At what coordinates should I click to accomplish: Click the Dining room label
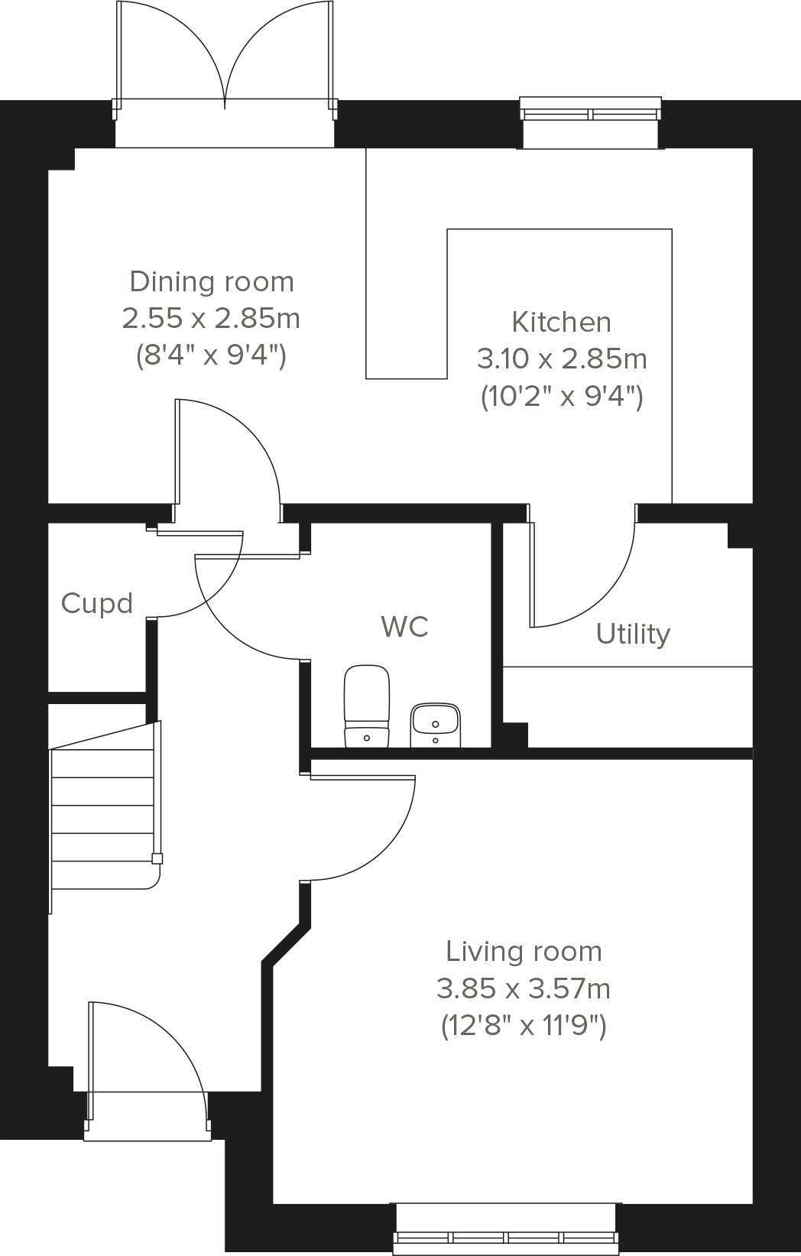coord(212,281)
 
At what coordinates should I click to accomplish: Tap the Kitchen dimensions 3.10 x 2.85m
coord(561,358)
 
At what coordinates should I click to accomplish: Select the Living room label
coord(524,952)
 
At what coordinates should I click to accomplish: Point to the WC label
coord(404,627)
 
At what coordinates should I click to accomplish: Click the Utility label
coord(633,634)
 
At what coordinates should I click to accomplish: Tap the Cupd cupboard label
coord(97,604)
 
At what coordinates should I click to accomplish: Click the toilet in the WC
coord(367,706)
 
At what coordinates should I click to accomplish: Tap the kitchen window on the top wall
coord(590,114)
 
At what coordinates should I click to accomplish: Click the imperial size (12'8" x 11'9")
coord(524,1026)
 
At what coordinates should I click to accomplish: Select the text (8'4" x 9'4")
coord(211,355)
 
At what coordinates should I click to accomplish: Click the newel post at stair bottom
coord(157,858)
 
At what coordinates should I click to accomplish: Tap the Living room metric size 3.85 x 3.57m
coord(524,989)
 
